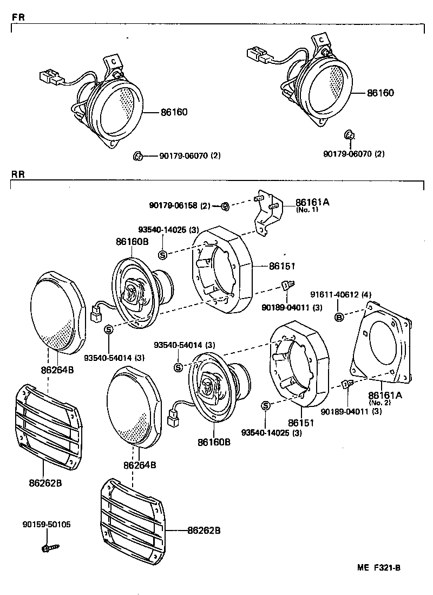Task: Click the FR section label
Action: pyautogui.click(x=17, y=17)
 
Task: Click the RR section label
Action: pyautogui.click(x=18, y=174)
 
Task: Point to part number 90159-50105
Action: pyautogui.click(x=46, y=525)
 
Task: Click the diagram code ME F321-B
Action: pyautogui.click(x=378, y=568)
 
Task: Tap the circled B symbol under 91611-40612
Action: pyautogui.click(x=339, y=316)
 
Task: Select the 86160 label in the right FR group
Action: pyautogui.click(x=380, y=93)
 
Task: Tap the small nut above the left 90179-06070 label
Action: pyautogui.click(x=137, y=156)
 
